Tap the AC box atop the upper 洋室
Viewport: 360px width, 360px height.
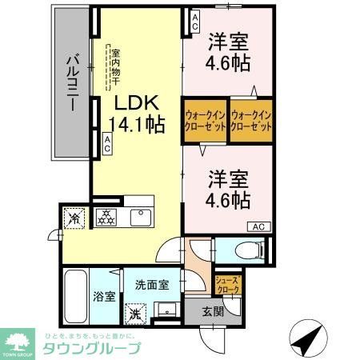point(193,22)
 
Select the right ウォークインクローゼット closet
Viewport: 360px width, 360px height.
point(252,120)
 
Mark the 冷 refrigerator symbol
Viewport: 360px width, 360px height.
point(74,218)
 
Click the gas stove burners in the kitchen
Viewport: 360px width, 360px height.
point(107,217)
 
